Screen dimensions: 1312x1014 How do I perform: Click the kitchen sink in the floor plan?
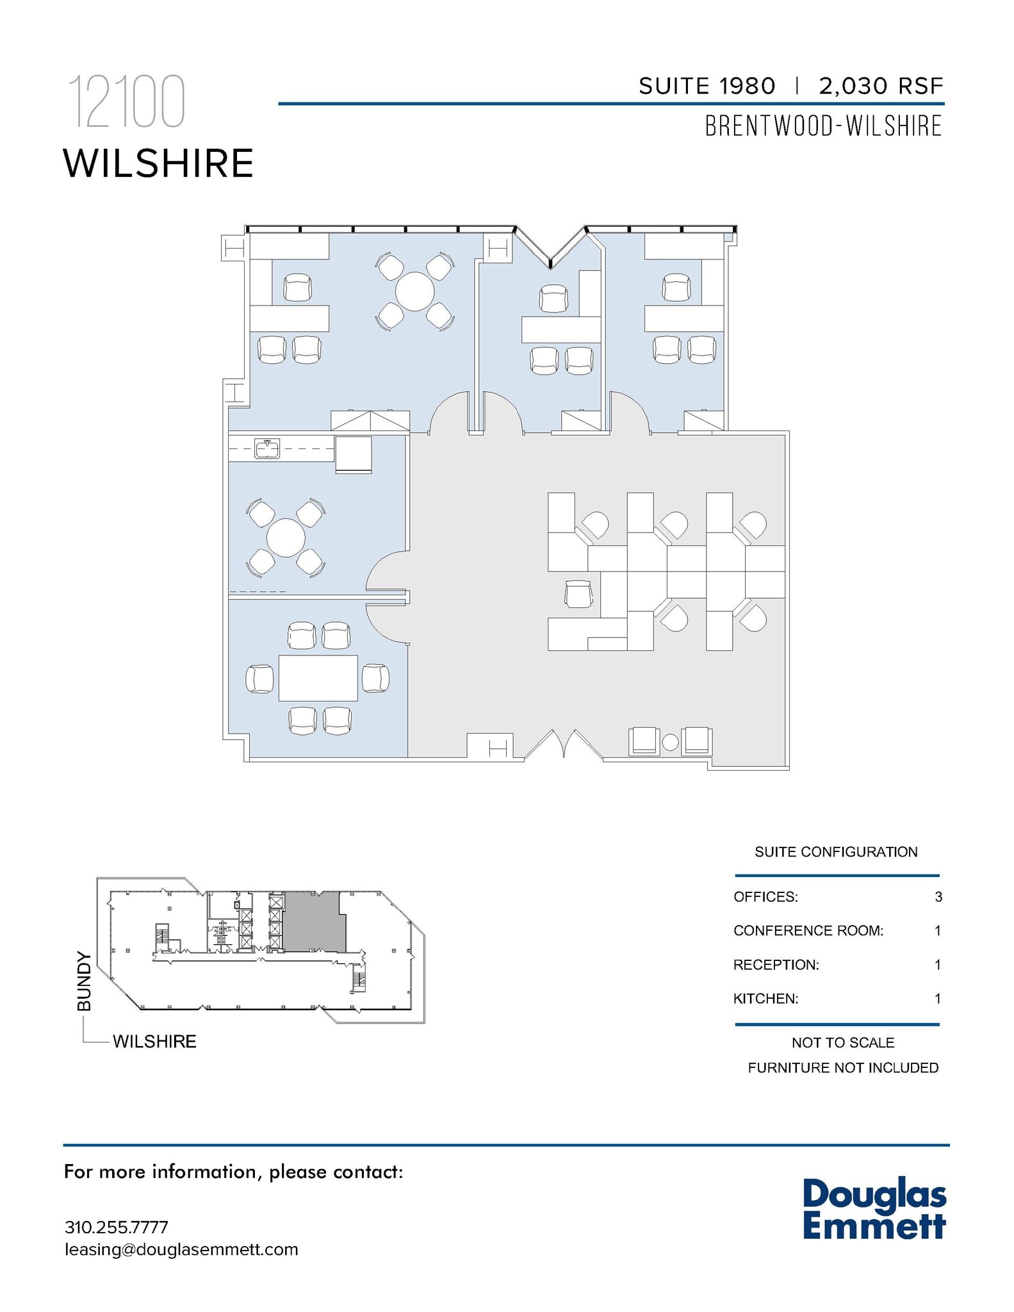(x=267, y=448)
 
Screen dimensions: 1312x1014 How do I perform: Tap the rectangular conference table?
(x=318, y=678)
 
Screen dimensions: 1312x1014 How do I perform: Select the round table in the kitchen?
(x=286, y=537)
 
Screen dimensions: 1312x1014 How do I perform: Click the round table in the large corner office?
(x=414, y=291)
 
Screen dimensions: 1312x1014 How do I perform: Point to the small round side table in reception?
(x=670, y=742)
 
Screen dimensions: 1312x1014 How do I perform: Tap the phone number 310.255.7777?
(x=117, y=1227)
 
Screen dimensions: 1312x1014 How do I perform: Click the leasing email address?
(x=181, y=1249)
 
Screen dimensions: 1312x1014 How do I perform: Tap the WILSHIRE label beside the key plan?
(x=154, y=1042)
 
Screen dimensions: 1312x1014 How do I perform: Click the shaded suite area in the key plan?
(x=313, y=922)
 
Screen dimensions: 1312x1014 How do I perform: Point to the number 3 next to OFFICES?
(x=938, y=897)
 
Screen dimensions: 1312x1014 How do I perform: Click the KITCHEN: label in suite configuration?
(x=766, y=998)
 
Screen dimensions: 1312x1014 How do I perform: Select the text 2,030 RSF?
(x=881, y=86)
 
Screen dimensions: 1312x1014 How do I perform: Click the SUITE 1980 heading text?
(x=707, y=86)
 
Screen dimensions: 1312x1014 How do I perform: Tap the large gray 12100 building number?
(x=127, y=102)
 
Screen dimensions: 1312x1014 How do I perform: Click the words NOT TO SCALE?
(x=843, y=1042)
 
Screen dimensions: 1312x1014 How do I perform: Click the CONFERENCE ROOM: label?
(x=808, y=931)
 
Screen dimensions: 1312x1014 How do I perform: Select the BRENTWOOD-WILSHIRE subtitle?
(x=824, y=126)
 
